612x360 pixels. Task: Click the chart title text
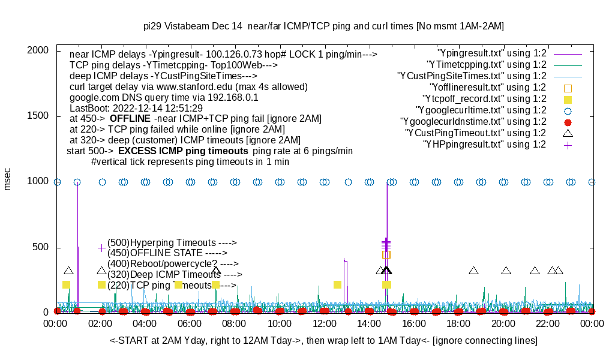pos(323,26)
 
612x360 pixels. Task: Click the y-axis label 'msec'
pos(8,179)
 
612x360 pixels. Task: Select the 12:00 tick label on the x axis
pos(324,324)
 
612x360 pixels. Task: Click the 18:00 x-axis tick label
pos(458,324)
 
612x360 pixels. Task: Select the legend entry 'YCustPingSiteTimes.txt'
pos(472,76)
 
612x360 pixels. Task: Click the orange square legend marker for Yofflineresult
pos(568,88)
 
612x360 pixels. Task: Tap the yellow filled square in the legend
pos(568,99)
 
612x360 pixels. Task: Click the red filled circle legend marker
pos(568,122)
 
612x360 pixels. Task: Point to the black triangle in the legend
pos(568,133)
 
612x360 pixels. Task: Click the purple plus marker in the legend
pos(568,145)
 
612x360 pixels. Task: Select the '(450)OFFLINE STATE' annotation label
pos(163,253)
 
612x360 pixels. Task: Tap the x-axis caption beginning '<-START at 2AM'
pos(323,341)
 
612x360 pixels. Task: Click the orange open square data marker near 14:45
pos(386,254)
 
